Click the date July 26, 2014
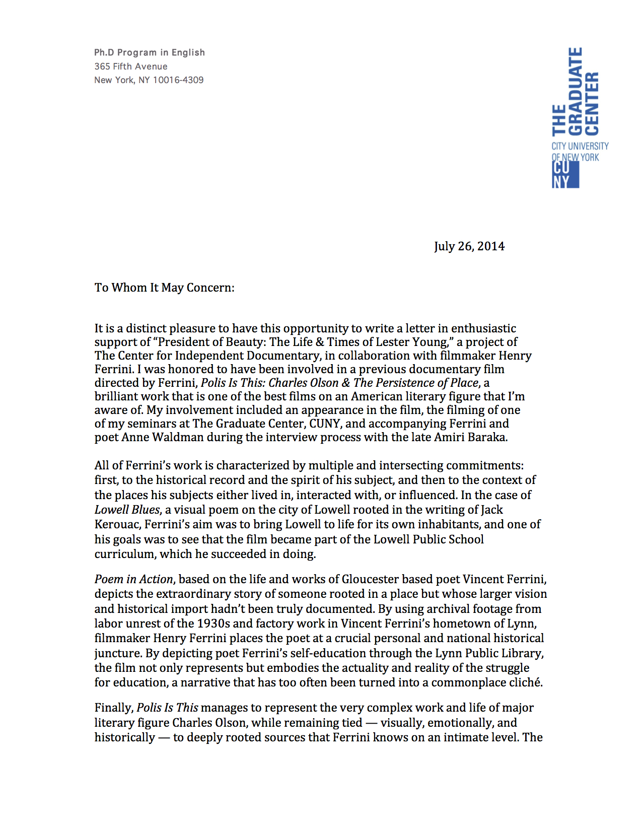click(x=469, y=246)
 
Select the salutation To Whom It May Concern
click(x=164, y=288)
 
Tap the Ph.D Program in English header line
click(x=150, y=52)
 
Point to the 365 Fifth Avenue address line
click(x=131, y=66)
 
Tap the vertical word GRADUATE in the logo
click(x=575, y=91)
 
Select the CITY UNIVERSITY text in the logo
click(x=580, y=146)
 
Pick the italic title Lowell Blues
click(x=127, y=510)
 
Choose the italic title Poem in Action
click(x=133, y=579)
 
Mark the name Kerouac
click(x=117, y=524)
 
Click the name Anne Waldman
click(x=163, y=437)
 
